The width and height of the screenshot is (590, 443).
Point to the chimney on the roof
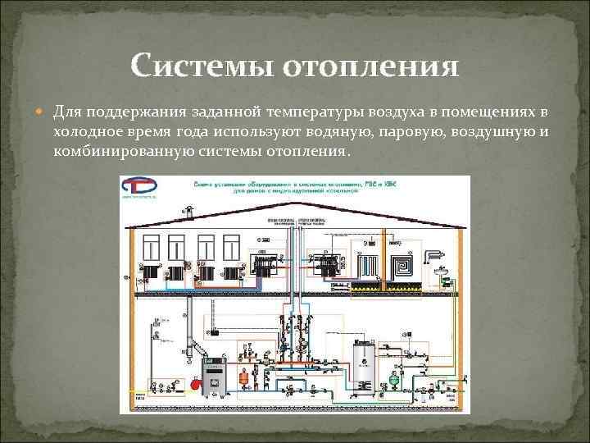188,212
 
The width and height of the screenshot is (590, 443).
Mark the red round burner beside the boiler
195,381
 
